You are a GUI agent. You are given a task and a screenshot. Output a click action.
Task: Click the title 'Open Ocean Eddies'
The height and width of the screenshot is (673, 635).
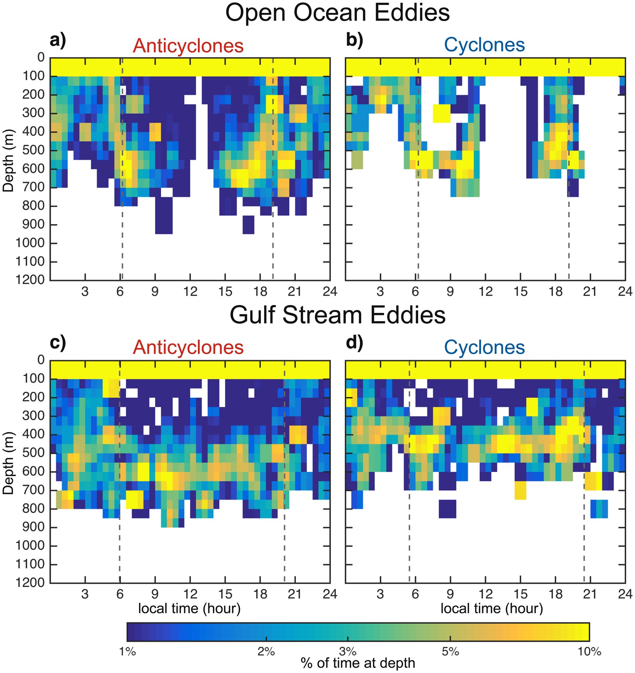click(x=337, y=13)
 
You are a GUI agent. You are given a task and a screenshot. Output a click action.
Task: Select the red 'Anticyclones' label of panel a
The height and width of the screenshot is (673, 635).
click(x=188, y=46)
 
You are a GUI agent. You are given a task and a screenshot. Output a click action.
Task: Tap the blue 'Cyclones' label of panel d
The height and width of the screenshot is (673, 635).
click(x=484, y=347)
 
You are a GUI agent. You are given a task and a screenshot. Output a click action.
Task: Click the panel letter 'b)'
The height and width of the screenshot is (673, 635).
click(x=354, y=40)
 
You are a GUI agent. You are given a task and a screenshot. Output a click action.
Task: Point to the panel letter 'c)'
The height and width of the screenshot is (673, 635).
click(x=58, y=342)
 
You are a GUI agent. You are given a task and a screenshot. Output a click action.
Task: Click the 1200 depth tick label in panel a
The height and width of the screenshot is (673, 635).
click(x=30, y=280)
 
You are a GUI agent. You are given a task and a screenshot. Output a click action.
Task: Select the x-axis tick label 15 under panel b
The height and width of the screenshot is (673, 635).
click(x=520, y=291)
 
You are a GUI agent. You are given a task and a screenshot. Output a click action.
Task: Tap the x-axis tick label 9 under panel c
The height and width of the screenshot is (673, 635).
click(x=155, y=594)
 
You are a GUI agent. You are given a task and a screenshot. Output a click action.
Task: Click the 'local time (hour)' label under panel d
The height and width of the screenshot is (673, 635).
click(x=491, y=608)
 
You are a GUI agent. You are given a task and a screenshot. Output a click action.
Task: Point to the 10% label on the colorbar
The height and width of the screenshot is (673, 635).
click(x=589, y=651)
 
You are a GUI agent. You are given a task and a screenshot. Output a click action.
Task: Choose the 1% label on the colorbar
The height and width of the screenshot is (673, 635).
click(x=127, y=651)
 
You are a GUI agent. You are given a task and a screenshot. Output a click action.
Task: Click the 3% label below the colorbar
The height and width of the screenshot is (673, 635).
click(x=348, y=651)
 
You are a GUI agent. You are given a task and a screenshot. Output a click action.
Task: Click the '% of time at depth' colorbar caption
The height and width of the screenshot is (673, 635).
click(x=358, y=663)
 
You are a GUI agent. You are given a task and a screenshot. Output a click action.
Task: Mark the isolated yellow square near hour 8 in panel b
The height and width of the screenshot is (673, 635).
click(x=441, y=113)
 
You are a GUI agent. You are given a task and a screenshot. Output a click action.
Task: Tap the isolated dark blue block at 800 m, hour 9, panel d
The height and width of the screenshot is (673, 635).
click(x=447, y=509)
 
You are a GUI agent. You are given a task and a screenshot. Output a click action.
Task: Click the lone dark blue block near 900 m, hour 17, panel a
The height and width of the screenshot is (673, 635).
click(x=248, y=224)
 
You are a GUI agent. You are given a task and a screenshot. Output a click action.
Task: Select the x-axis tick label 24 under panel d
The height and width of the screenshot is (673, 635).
click(x=625, y=594)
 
